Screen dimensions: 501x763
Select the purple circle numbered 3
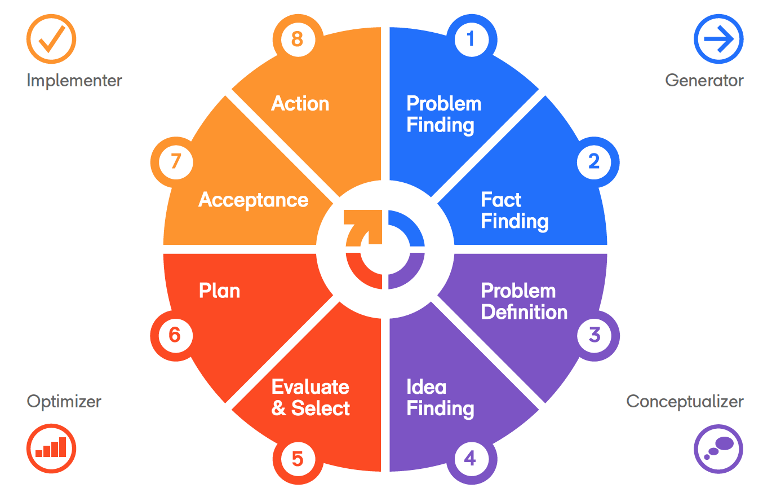[x=594, y=335]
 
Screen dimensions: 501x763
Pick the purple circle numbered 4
[x=471, y=458]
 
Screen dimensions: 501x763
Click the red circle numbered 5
[x=298, y=459]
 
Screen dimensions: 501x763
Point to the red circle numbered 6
[x=174, y=336]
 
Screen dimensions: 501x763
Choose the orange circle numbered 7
[x=175, y=162]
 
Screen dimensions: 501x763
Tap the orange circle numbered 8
[x=298, y=39]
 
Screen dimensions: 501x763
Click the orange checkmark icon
[x=51, y=39]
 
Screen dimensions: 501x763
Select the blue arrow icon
[x=718, y=39]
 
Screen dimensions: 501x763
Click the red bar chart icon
[x=51, y=448]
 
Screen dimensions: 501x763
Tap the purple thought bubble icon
[x=718, y=448]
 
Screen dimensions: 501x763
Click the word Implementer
[x=74, y=81]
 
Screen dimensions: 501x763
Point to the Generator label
[x=704, y=81]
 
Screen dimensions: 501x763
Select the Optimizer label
[x=64, y=402]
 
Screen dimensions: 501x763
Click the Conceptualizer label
[x=685, y=402]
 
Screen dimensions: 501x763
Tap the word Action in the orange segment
[x=300, y=104]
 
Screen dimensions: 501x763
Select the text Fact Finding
[x=514, y=210]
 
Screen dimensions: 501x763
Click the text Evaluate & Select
[x=310, y=398]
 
